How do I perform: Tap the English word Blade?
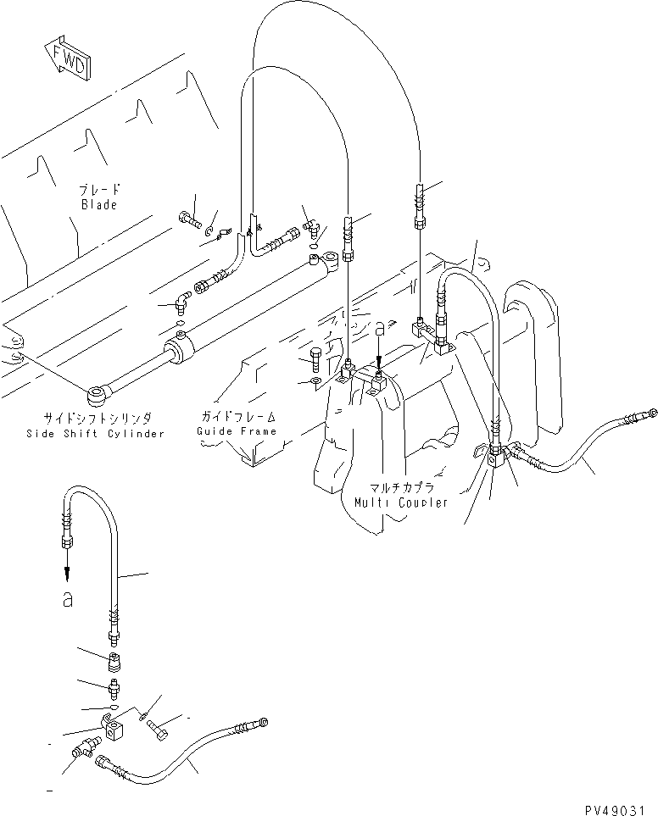point(98,205)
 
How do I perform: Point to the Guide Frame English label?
point(237,431)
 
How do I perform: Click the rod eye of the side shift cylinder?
point(97,392)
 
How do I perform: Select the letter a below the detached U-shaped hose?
point(67,600)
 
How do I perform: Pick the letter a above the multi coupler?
point(380,326)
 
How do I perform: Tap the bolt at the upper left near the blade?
point(188,219)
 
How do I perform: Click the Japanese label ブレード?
point(98,191)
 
